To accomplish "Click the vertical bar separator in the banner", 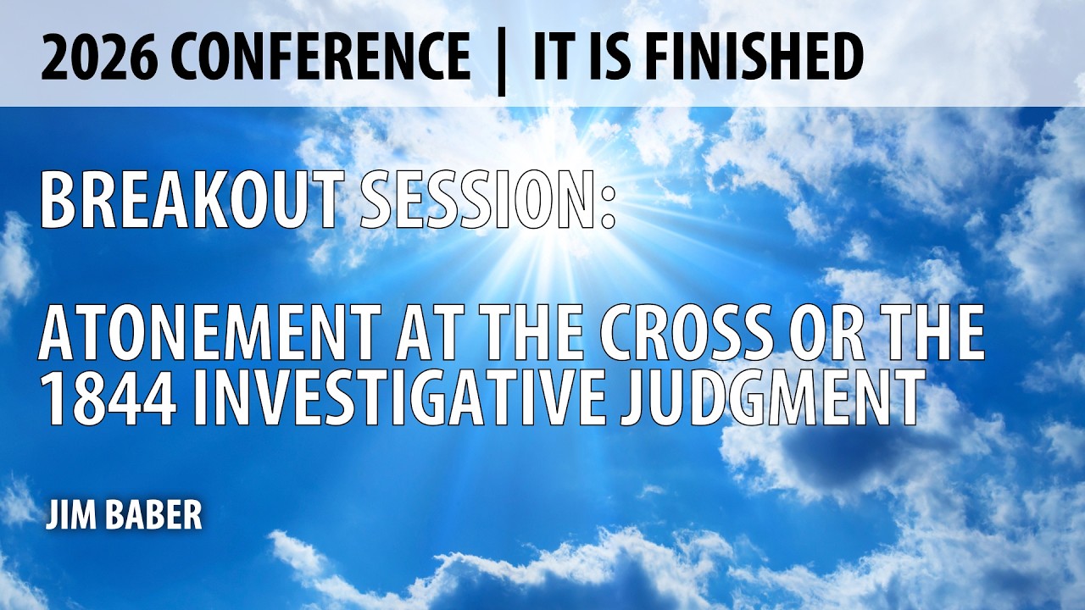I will click(501, 59).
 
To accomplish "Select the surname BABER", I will click(153, 515).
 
